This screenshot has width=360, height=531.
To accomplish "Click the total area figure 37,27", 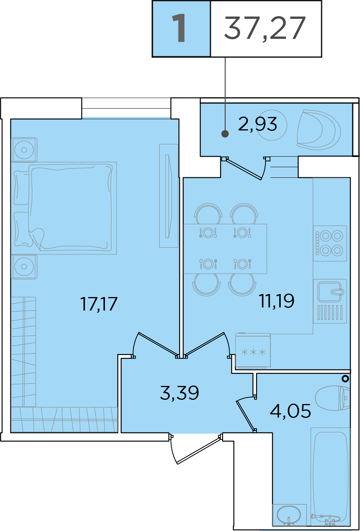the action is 265,28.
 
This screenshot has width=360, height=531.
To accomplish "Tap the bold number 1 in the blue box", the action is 179,28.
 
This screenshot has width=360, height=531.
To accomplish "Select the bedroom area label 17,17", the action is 99,304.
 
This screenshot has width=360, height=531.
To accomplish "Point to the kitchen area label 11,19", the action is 276,301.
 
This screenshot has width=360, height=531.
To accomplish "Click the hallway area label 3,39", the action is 179,393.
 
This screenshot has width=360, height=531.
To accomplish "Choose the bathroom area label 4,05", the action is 290,411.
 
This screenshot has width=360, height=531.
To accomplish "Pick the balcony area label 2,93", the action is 257,124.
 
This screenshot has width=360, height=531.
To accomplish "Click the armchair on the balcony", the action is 319,130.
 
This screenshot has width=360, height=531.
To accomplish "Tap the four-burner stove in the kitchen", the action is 330,243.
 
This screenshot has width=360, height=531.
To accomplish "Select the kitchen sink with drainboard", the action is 330,301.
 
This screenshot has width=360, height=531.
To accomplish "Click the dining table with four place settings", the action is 225,249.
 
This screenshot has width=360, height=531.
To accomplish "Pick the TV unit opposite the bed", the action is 168,196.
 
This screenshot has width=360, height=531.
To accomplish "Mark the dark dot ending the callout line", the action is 225,134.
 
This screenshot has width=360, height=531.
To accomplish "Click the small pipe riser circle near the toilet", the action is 345,379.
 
